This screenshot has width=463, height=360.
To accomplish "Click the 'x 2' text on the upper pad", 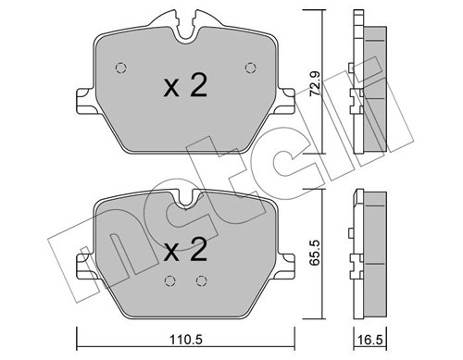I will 184,86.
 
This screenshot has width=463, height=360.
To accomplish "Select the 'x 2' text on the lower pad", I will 184,250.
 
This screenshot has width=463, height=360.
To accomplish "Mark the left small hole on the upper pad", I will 120,66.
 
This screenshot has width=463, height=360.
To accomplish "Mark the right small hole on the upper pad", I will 247,66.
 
